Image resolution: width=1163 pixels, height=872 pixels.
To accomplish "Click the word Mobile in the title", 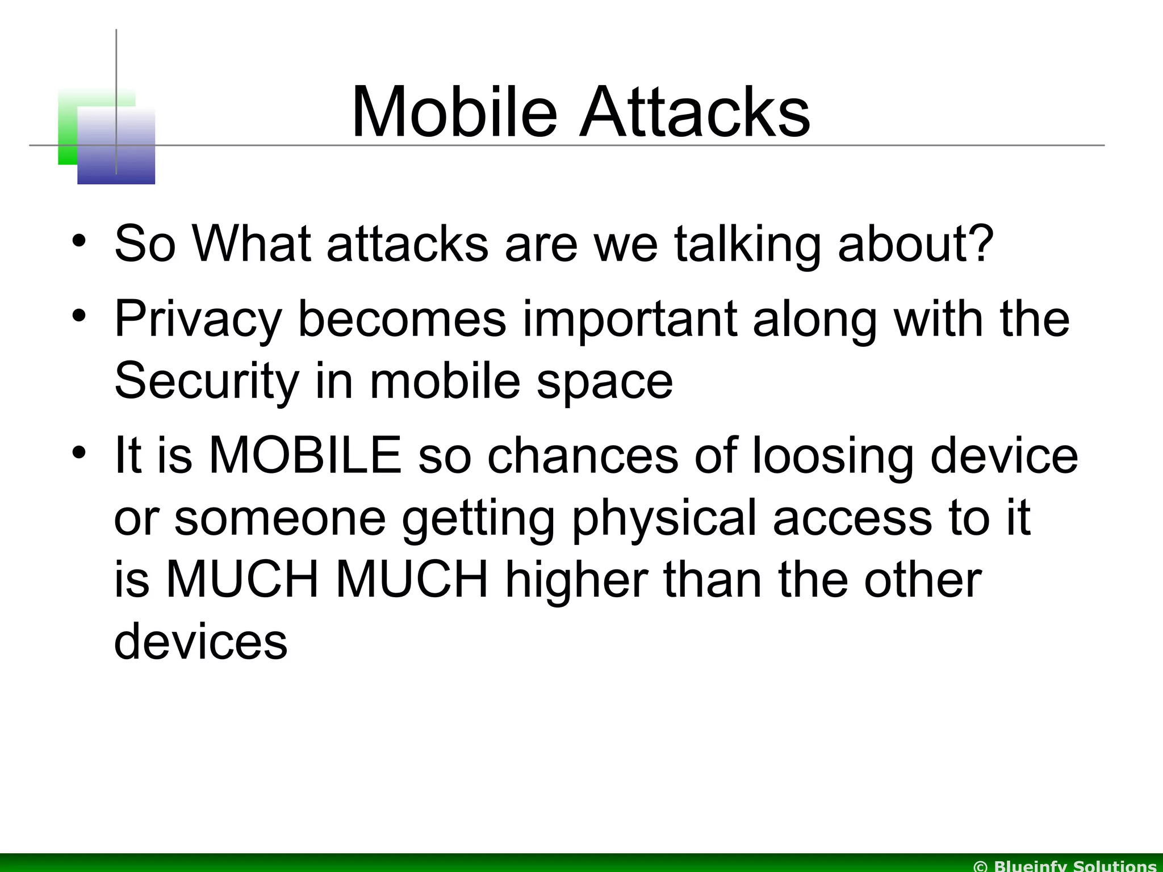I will tap(454, 112).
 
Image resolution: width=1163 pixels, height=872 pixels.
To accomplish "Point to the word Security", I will tap(206, 380).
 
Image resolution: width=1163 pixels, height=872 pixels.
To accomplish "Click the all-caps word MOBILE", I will tap(306, 455).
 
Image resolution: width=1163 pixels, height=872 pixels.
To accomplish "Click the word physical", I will tap(664, 518).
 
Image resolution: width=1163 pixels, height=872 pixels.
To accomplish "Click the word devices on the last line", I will tap(200, 642).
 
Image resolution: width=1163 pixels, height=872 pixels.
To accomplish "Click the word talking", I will tap(747, 243).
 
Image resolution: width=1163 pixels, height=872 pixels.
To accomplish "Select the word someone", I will tap(279, 518).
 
